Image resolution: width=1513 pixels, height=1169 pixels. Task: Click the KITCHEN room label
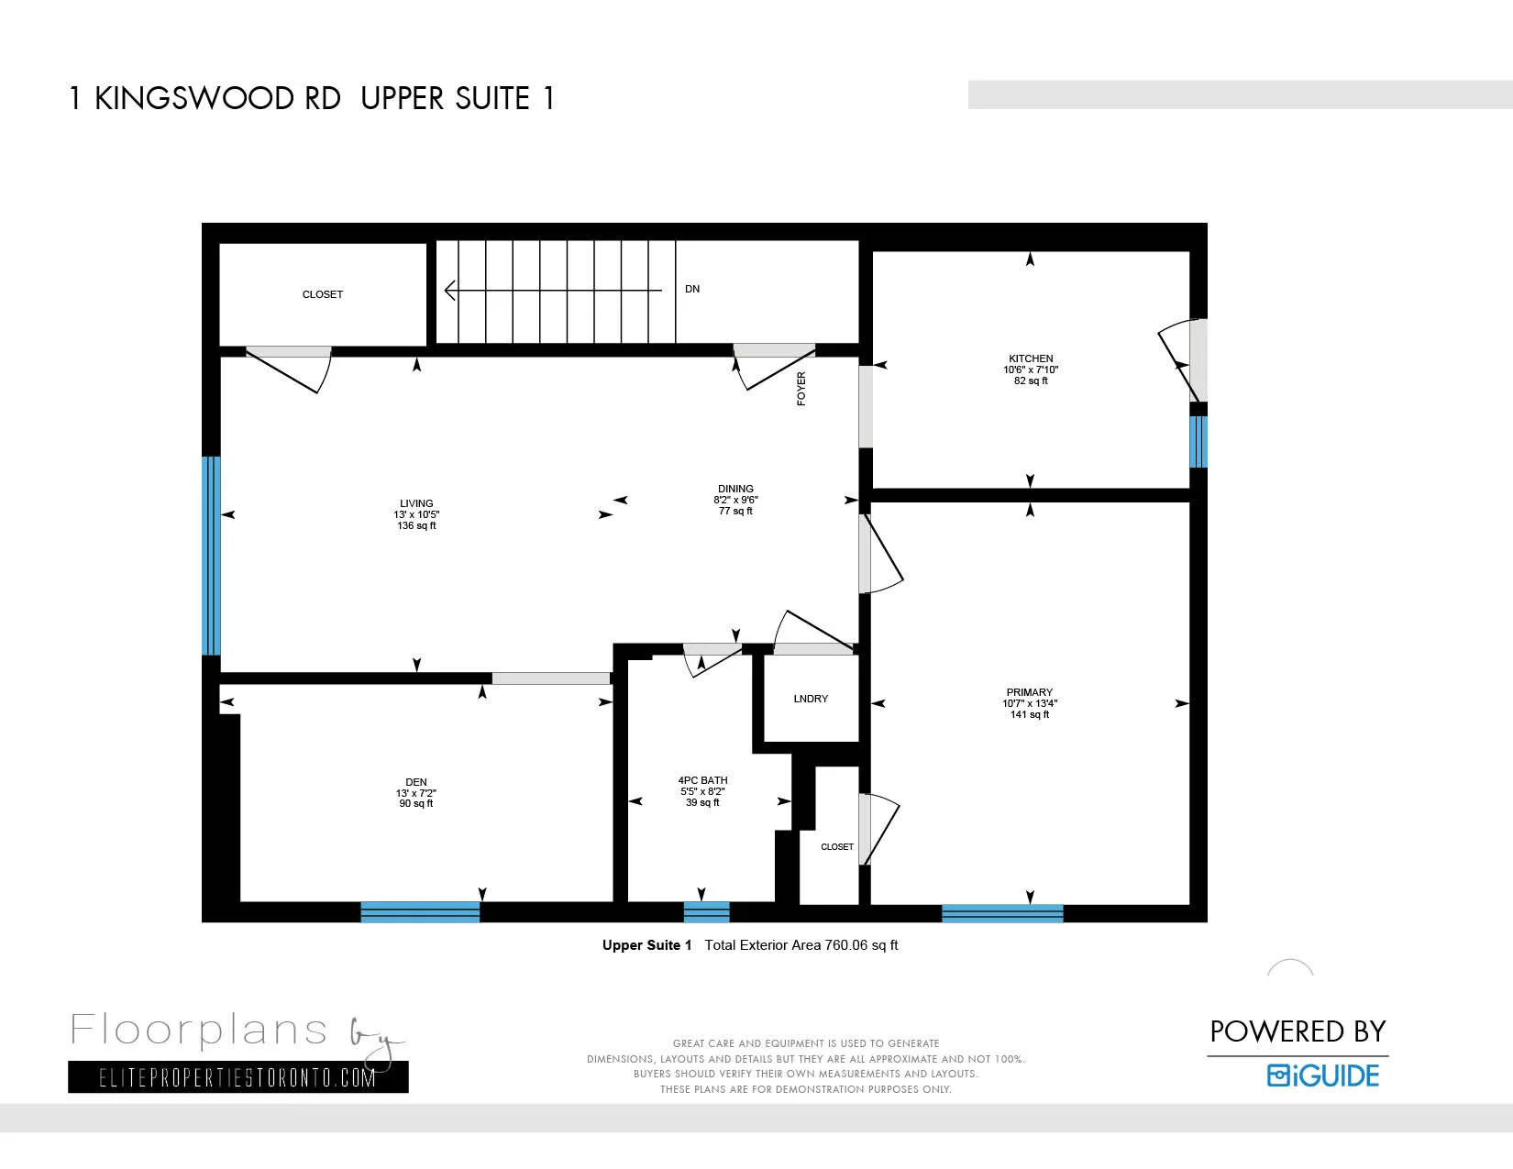coord(1031,358)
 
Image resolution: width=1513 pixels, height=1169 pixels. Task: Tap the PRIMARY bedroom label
coord(1029,692)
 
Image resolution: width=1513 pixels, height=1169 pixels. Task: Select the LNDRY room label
coord(811,699)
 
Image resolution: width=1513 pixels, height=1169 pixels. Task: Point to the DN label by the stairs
coord(692,289)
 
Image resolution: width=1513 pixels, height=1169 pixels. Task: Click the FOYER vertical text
coord(801,389)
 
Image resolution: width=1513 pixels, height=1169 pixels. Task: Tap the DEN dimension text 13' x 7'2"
coord(416,793)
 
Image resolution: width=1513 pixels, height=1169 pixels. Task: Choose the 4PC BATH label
coord(702,780)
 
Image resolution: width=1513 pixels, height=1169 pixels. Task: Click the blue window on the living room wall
coord(211,556)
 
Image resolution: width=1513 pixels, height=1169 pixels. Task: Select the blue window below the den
coord(420,911)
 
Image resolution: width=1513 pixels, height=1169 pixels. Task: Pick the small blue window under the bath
coord(706,911)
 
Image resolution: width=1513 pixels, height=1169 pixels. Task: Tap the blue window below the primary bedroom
coord(1002,912)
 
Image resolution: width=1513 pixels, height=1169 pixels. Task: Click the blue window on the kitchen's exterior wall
coord(1198,441)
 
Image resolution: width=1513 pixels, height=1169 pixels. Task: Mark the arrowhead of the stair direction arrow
coord(449,291)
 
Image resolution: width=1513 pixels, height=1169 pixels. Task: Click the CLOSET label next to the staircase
coord(323,294)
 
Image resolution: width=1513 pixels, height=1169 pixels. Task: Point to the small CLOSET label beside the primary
coord(836,847)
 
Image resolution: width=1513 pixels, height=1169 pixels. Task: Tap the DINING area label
coord(735,489)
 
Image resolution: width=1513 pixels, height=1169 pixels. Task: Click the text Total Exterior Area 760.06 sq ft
coord(801,945)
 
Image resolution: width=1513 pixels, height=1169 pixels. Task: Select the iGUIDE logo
coord(1323,1075)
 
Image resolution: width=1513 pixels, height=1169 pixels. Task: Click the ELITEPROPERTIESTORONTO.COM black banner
coord(237,1077)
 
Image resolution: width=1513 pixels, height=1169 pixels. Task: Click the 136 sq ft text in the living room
coord(416,526)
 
